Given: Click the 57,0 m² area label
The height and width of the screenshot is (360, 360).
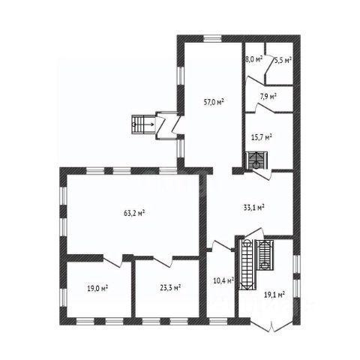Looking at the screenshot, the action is pos(214,102).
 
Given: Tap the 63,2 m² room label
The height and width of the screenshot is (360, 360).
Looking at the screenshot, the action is pos(134,213).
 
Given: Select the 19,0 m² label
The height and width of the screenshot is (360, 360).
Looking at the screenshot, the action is pos(97,289).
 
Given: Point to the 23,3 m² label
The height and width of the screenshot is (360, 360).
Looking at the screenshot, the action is pos(170,288).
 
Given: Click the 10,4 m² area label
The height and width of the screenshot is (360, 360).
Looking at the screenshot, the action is pos(223,280).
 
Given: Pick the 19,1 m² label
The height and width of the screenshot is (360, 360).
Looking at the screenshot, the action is pos(274,295).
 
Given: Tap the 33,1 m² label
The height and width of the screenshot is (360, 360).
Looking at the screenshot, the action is pos(254,207).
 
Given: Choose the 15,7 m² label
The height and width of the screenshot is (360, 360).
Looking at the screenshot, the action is pos(262,137).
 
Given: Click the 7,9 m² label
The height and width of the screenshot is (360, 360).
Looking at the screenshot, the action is pos(268,97).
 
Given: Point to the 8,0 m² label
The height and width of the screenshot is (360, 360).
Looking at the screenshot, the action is pos(253,59).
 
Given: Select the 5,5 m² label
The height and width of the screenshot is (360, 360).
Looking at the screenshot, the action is pos(283,60).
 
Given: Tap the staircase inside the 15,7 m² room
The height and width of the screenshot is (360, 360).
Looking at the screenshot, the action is pos(256,160).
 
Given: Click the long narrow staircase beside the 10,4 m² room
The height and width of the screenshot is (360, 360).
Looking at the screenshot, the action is pos(247,265).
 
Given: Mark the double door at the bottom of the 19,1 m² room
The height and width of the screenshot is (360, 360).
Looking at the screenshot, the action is pos(271,326).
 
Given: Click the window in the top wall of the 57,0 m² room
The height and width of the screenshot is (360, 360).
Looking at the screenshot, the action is pos(212,39).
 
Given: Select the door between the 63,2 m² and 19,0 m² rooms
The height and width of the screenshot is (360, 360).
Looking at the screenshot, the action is pos(113,262).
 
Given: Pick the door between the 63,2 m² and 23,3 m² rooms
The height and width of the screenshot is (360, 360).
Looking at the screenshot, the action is pos(163,262).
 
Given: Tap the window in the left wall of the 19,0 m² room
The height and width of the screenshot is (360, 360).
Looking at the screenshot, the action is pos(64,297).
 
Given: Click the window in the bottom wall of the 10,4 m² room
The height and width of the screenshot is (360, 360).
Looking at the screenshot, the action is pos(218,321).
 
